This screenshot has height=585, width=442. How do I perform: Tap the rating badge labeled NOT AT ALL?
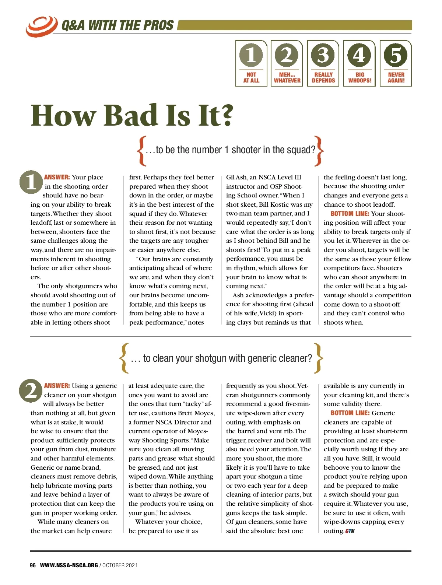(251, 63)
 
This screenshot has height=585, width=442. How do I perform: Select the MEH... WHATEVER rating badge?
(287, 63)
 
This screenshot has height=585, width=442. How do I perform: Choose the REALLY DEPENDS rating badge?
(323, 63)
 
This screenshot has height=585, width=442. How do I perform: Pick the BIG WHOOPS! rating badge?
(359, 63)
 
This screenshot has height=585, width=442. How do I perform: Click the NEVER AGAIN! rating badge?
(396, 63)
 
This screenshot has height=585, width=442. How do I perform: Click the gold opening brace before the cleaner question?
(124, 358)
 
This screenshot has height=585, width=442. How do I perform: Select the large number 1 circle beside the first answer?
(31, 182)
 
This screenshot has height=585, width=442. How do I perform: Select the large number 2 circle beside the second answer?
(31, 390)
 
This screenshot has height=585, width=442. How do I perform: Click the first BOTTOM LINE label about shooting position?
(350, 214)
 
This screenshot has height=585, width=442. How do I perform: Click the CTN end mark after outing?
(350, 531)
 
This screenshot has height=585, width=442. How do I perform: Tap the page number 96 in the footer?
(33, 565)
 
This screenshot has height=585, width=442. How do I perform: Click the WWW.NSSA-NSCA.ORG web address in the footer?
(69, 565)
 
